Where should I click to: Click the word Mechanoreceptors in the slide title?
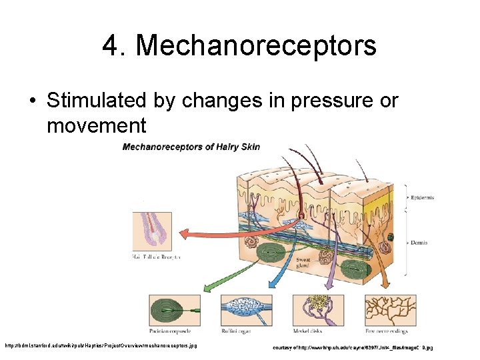256,46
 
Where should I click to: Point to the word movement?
96,125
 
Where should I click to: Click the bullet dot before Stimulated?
32,101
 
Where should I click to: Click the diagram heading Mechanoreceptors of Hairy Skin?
191,147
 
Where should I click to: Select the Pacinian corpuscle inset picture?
175,310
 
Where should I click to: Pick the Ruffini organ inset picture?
245,310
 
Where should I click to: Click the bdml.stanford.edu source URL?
100,346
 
